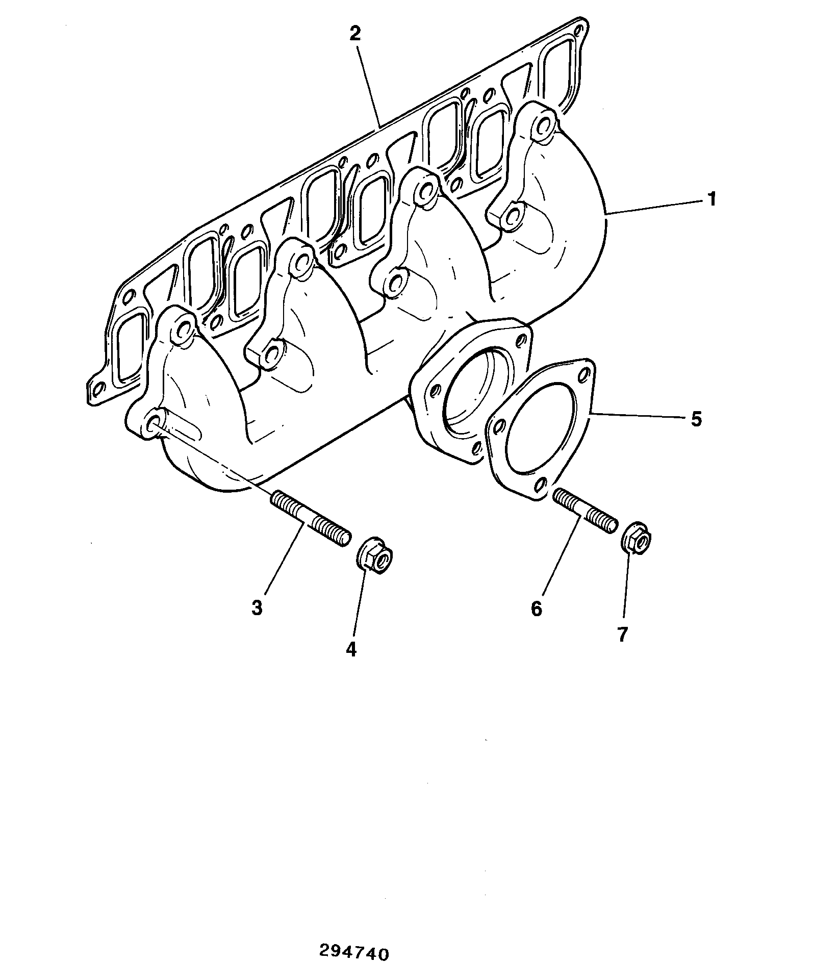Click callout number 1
pos(712,199)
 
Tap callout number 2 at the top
pos(355,34)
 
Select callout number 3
pos(257,608)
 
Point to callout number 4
pos(351,649)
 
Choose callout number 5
pos(696,419)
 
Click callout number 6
pos(537,608)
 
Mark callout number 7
pos(622,634)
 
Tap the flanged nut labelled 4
pos(374,556)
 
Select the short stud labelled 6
pos(585,510)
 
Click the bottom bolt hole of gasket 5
pos(543,483)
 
